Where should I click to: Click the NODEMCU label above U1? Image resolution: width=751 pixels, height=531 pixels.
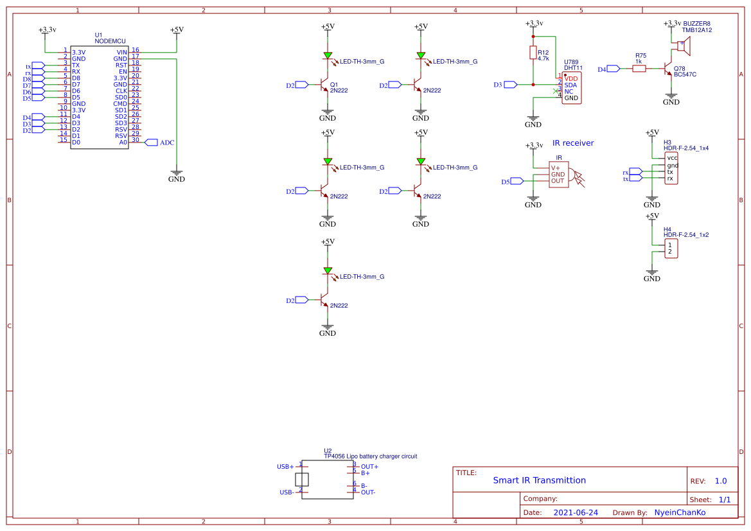[107, 41]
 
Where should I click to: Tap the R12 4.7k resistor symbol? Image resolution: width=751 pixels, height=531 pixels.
[533, 53]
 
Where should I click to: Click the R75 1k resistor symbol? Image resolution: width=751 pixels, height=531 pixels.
[639, 68]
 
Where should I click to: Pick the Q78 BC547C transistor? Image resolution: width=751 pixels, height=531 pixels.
[668, 69]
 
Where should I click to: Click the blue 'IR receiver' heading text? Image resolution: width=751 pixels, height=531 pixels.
[573, 143]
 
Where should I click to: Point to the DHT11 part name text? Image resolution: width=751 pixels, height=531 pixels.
[573, 68]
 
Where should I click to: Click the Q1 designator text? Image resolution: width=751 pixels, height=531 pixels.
[333, 84]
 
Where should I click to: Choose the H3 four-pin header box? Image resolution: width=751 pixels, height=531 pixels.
[671, 168]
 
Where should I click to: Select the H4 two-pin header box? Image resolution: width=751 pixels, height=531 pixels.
[671, 248]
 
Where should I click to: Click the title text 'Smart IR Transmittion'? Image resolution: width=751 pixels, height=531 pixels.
[539, 480]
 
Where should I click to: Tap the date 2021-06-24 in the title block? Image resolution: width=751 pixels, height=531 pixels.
[576, 512]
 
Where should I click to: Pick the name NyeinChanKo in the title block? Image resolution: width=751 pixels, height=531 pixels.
[679, 512]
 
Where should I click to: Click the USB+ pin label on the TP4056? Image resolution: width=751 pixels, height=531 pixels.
[285, 467]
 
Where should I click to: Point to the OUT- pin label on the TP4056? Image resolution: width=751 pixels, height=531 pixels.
[368, 492]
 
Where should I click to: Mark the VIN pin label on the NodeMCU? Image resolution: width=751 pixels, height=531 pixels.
[121, 52]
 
